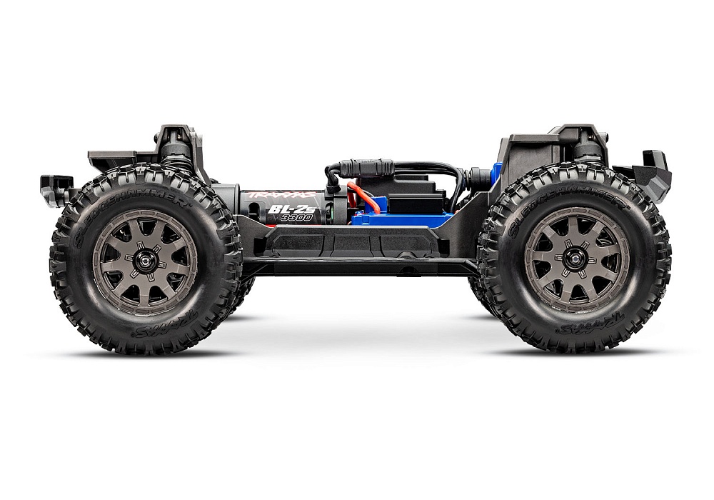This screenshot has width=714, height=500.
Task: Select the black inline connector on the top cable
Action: (x=365, y=169)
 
